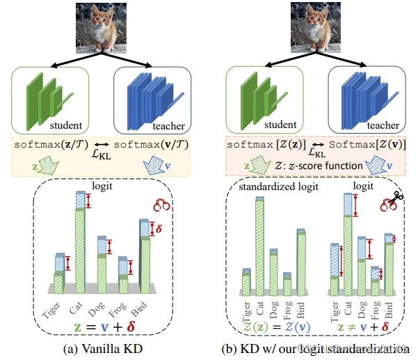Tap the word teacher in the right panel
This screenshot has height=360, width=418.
click(x=381, y=125)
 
